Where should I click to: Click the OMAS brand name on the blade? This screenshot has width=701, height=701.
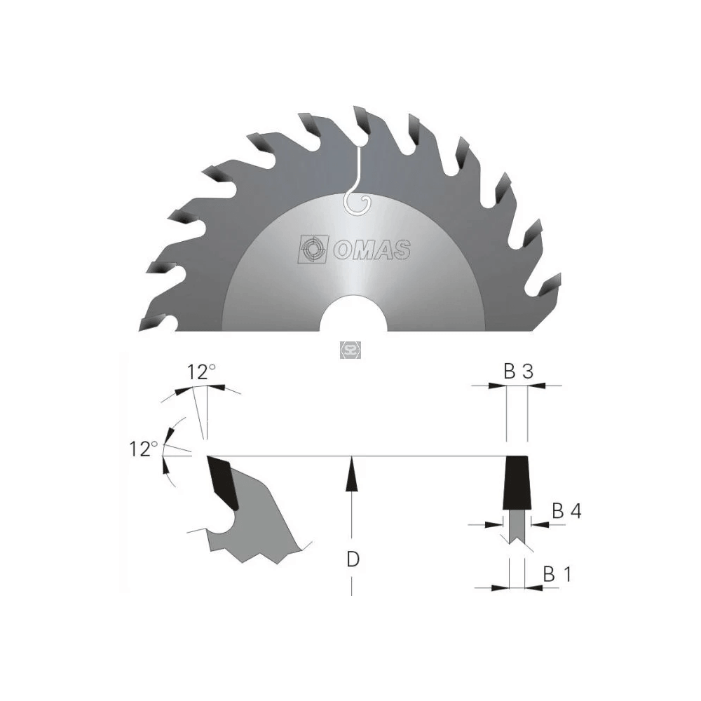372,250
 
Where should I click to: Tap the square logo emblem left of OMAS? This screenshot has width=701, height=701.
313,249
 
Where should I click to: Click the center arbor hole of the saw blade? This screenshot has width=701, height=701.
353,314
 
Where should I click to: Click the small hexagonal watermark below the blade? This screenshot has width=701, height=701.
350,350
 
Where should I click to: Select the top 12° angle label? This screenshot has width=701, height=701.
201,372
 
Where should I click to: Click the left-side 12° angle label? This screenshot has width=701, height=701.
143,449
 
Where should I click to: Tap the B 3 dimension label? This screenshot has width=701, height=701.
519,372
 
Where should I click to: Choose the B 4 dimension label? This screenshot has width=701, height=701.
566,510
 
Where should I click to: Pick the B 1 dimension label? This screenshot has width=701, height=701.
557,574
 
